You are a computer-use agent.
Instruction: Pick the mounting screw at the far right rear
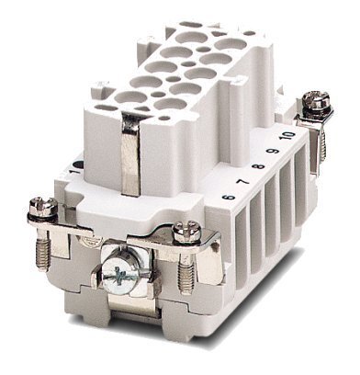pyautogui.click(x=320, y=101)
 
